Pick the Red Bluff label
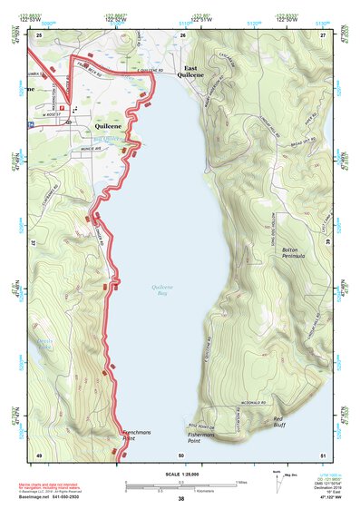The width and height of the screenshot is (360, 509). click(285, 421)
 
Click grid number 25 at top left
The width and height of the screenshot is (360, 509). click(40, 34)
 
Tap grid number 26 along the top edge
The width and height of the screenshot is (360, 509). click(183, 34)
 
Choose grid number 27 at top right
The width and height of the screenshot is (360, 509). click(322, 34)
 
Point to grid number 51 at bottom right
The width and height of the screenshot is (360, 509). click(322, 455)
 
